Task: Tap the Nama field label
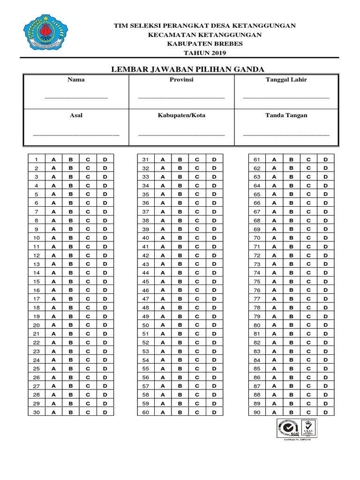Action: pos(76,80)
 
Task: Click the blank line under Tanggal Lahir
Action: pos(286,97)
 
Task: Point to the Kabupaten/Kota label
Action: pos(181,115)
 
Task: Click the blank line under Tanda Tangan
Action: pos(286,135)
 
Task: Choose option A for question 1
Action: pos(53,159)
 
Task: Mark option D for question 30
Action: pos(105,412)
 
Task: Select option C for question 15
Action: pos(88,282)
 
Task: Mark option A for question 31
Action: pos(163,159)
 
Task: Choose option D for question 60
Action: pos(214,412)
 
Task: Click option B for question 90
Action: pos(291,412)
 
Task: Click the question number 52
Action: pos(145,343)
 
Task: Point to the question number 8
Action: pos(37,220)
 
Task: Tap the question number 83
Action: pos(257,352)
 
